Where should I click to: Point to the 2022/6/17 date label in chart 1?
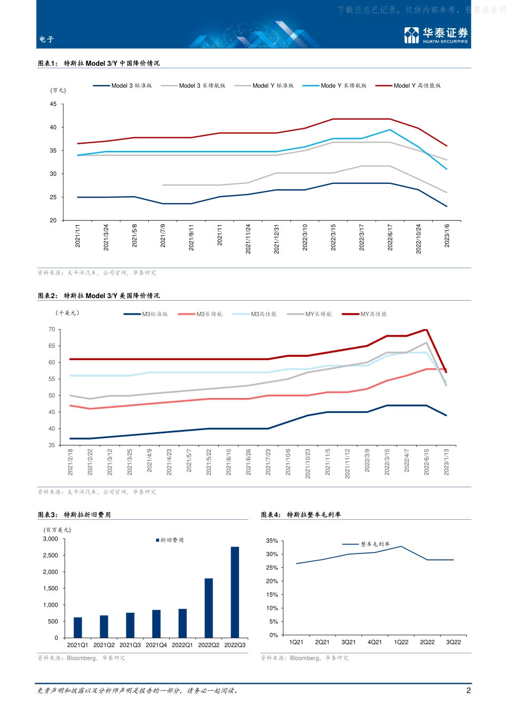pos(390,237)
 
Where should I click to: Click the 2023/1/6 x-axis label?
pos(447,236)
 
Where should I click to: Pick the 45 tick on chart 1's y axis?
pos(53,104)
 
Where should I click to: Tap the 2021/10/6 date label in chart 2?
pos(288,462)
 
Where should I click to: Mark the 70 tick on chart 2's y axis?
pos(52,329)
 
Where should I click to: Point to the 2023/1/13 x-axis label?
pos(447,462)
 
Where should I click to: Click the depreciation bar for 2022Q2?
pos(209,608)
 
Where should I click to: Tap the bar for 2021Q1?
pos(78,628)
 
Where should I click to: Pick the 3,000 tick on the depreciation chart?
pos(51,539)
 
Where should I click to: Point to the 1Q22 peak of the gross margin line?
pos(401,547)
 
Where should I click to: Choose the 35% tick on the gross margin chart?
pos(272,541)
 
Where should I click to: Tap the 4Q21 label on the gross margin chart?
pos(375,642)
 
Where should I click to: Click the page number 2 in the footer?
pos(469,690)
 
